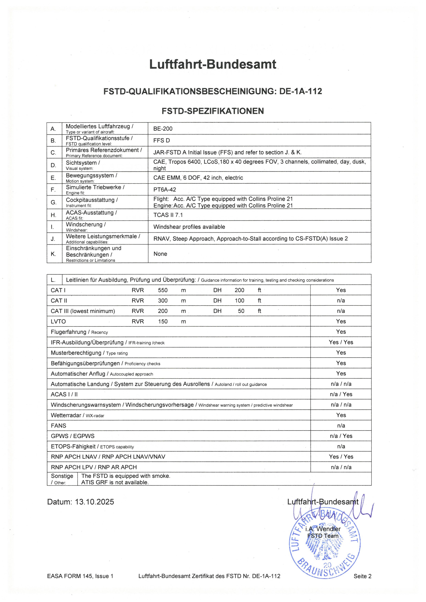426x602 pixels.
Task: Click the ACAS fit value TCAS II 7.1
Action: point(168,215)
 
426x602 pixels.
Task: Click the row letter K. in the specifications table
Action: point(53,254)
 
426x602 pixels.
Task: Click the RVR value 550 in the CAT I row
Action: point(163,290)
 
